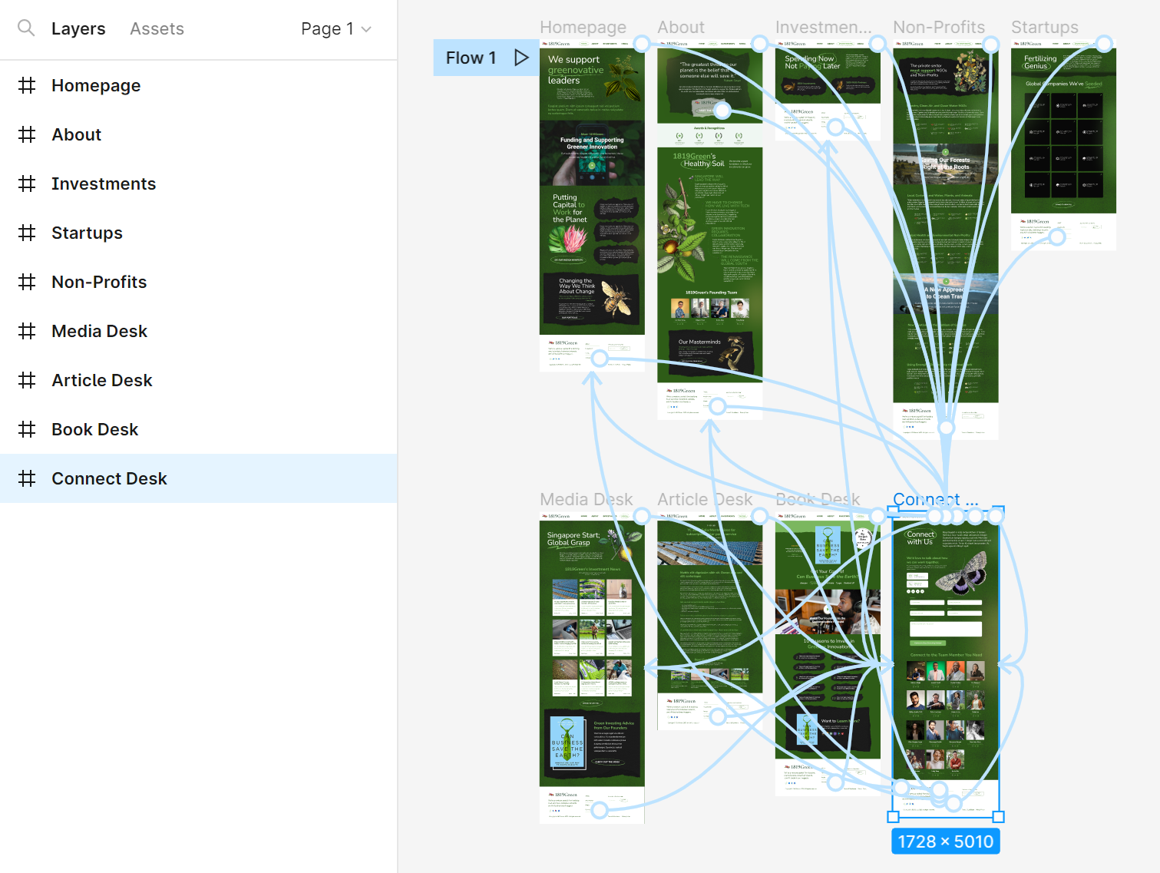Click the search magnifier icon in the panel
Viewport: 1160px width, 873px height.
[26, 28]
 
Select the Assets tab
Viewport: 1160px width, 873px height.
[157, 29]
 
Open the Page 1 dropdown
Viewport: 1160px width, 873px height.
[335, 29]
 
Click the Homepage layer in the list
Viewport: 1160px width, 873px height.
[96, 85]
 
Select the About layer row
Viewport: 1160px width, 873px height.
[77, 134]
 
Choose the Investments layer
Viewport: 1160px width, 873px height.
[104, 184]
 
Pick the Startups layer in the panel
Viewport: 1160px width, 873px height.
[87, 233]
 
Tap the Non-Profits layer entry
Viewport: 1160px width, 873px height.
[99, 282]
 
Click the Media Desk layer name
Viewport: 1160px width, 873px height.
[100, 331]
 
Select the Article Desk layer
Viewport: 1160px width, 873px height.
[102, 380]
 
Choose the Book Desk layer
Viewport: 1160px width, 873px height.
[95, 429]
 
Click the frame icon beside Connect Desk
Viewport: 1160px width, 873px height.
[27, 478]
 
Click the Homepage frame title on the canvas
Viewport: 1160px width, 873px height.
[583, 28]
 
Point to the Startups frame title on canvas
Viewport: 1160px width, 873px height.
[1044, 28]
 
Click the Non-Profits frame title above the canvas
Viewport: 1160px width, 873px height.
[938, 28]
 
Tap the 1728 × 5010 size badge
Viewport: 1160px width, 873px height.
[945, 842]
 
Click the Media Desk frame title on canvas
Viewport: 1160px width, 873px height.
[586, 500]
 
